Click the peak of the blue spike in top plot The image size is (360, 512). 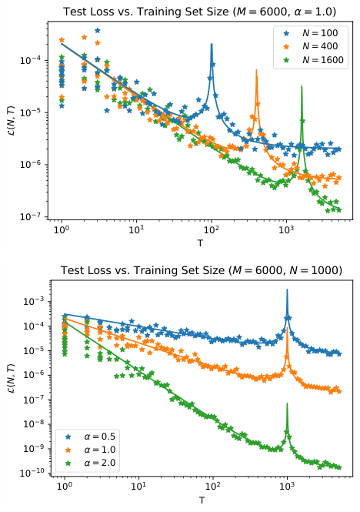coord(212,44)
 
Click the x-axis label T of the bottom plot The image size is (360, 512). coord(202,500)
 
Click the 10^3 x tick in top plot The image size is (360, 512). coord(286,233)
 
